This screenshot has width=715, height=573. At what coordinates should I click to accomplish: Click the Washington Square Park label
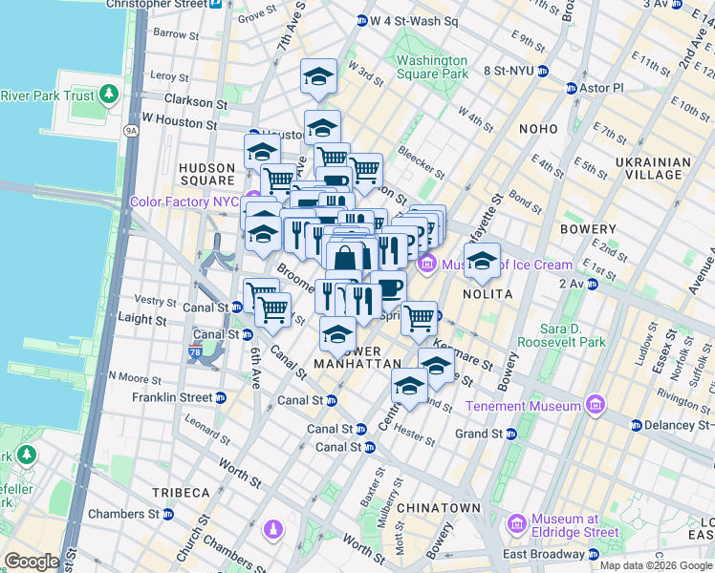[432, 67]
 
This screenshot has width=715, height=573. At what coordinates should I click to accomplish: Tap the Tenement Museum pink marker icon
[596, 406]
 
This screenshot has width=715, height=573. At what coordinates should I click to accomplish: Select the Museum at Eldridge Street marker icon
[517, 524]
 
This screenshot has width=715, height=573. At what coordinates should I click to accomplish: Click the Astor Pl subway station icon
[572, 88]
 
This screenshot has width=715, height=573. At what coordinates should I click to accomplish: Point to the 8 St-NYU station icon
[542, 71]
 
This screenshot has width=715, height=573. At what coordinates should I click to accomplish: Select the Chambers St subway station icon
[168, 514]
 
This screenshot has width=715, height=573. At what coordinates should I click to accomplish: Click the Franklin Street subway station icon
[221, 397]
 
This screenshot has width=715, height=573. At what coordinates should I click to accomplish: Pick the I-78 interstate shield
[195, 352]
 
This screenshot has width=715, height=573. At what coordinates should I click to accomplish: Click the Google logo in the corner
[32, 562]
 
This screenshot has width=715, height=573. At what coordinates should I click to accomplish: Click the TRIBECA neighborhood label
[180, 492]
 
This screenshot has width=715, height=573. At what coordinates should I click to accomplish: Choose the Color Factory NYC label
[185, 202]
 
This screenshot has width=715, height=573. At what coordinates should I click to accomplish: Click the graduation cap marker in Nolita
[483, 261]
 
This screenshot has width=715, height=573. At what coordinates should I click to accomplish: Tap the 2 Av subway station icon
[593, 284]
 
